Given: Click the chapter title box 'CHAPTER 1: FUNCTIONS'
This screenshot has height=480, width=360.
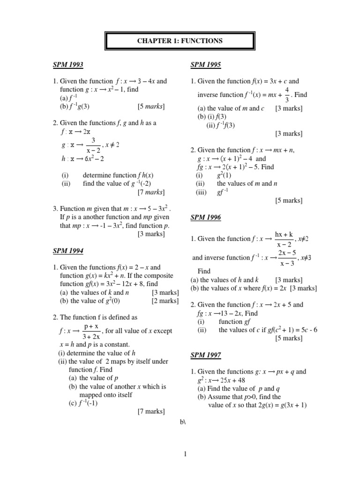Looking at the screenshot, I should [x=180, y=41].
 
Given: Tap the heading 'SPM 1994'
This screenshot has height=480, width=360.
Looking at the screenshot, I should [x=68, y=251].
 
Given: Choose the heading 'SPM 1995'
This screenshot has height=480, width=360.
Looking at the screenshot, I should [x=206, y=65].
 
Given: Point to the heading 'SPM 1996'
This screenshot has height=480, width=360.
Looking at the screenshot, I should [x=206, y=217].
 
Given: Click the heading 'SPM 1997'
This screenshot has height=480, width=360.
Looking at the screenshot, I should [x=206, y=355].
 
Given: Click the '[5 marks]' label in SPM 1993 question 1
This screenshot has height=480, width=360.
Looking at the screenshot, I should [x=151, y=106].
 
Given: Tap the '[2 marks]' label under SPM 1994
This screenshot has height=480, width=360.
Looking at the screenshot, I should [x=165, y=301].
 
